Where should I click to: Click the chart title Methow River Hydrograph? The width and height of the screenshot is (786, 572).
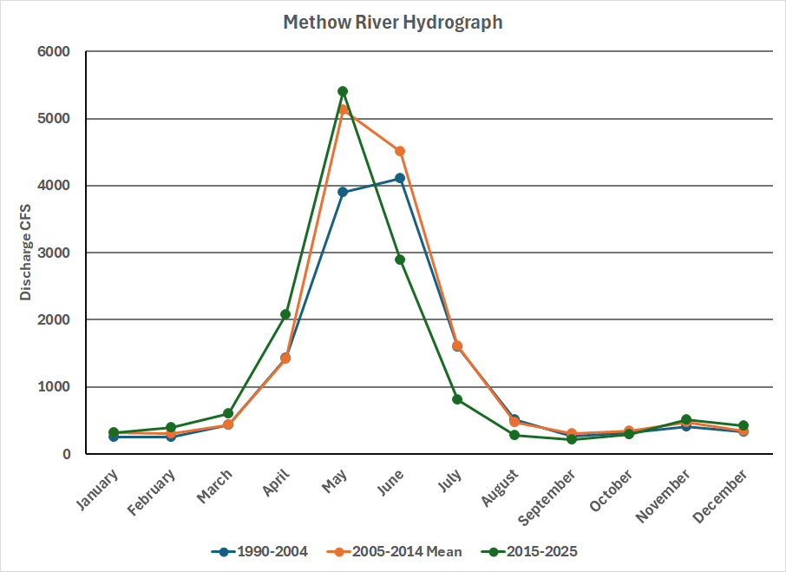pos(393,23)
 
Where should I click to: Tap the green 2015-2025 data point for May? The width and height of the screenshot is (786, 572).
pos(343,91)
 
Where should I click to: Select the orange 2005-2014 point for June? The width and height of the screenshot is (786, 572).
pos(400,151)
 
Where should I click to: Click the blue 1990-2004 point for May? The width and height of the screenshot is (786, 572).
pos(343,192)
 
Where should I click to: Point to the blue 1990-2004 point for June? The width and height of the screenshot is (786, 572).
pos(400,178)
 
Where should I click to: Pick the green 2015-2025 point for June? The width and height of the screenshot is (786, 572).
pos(400,260)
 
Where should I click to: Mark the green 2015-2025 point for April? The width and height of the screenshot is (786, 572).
pos(285,314)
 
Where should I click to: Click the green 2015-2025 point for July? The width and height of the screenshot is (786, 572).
pos(457,399)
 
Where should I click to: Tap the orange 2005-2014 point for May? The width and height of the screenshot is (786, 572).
pos(343,109)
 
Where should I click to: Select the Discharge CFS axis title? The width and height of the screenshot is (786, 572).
pos(26,253)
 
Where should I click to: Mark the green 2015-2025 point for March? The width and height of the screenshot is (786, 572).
pos(228,413)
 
